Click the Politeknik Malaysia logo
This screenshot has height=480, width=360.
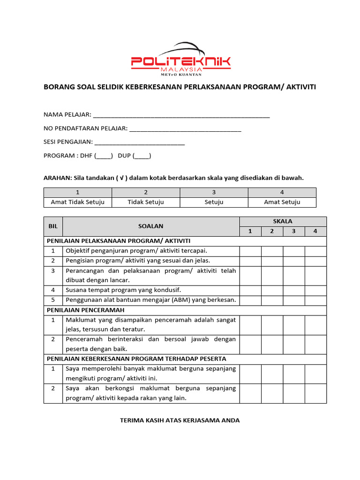(180, 60)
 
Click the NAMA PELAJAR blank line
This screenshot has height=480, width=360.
(181, 116)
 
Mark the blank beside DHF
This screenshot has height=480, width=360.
(104, 156)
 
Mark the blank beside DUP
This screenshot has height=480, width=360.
(142, 156)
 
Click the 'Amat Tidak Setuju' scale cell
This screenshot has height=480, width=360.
(77, 202)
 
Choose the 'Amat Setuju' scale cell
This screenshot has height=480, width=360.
(282, 202)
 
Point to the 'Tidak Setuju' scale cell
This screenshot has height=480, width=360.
(146, 202)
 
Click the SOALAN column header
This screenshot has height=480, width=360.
(151, 226)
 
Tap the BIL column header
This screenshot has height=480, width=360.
(53, 226)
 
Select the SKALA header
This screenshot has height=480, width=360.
(283, 221)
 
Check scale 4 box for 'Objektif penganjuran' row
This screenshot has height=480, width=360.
(315, 251)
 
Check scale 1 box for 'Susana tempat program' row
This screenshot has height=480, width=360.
(250, 290)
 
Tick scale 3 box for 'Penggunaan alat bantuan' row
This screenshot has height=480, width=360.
(294, 300)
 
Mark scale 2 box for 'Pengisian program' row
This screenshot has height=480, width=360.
(272, 261)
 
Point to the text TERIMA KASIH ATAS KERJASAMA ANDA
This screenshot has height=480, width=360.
(180, 420)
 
